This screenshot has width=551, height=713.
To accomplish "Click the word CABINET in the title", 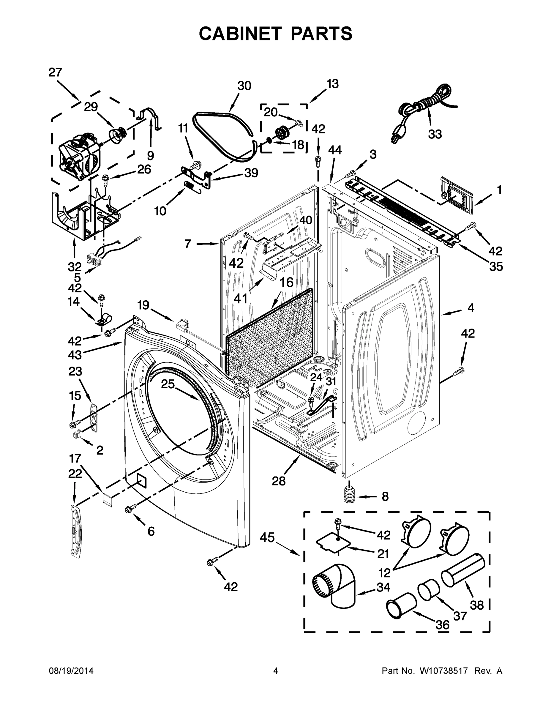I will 240,33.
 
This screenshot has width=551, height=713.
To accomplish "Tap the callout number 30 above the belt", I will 244,86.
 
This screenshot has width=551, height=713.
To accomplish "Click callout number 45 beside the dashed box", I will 267,537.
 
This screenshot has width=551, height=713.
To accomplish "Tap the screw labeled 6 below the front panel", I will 130,509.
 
